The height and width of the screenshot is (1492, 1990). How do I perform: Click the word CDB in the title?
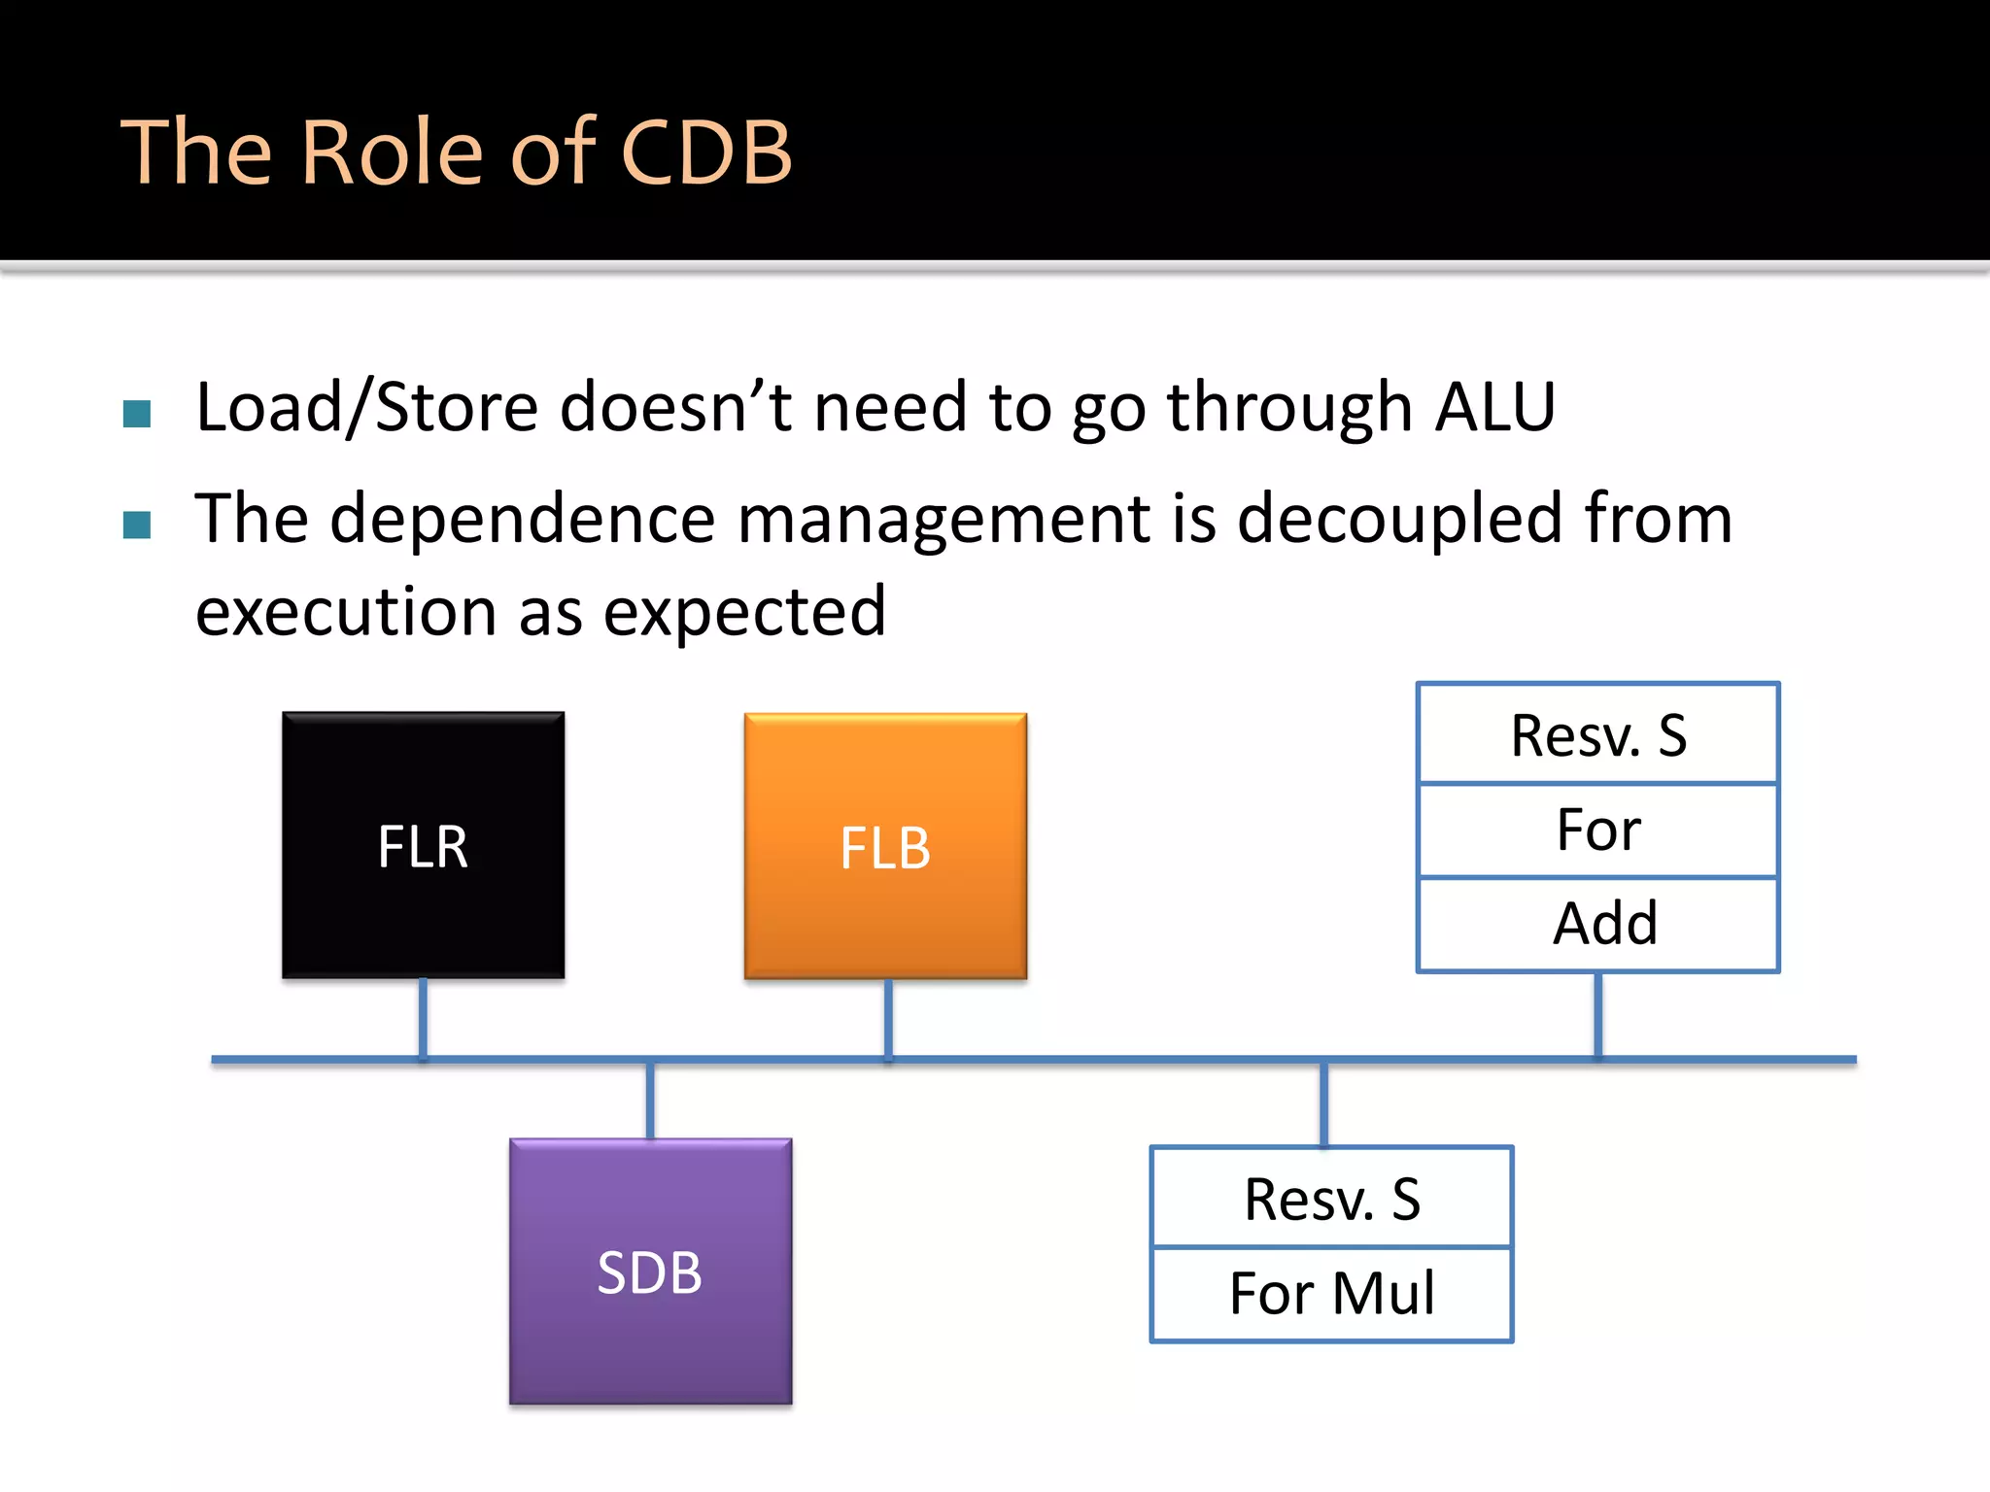pyautogui.click(x=706, y=153)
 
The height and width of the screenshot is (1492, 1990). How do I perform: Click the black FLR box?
pyautogui.click(x=423, y=845)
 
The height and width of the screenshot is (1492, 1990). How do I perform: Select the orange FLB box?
pyautogui.click(x=885, y=846)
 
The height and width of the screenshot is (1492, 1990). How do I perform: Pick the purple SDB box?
pyautogui.click(x=650, y=1272)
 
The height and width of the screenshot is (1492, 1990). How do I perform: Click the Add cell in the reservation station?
pyautogui.click(x=1598, y=924)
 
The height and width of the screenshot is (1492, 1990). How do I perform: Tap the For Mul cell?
pyautogui.click(x=1331, y=1294)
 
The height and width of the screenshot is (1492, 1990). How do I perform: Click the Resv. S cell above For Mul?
pyautogui.click(x=1331, y=1199)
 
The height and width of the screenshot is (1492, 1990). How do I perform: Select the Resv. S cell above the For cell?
pyautogui.click(x=1598, y=735)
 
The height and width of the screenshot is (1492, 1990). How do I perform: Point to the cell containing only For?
pyautogui.click(x=1598, y=831)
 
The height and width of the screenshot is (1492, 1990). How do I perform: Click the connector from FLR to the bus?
pyautogui.click(x=423, y=1017)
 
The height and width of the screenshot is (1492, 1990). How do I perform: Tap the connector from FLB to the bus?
pyautogui.click(x=888, y=1017)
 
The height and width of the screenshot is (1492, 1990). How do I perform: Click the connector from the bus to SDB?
pyautogui.click(x=650, y=1101)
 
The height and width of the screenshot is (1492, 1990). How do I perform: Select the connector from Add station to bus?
pyautogui.click(x=1598, y=1014)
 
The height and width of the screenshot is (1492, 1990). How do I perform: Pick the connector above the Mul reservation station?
pyautogui.click(x=1323, y=1104)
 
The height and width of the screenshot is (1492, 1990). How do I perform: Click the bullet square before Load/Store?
pyautogui.click(x=137, y=414)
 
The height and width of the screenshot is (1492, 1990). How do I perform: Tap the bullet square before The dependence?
pyautogui.click(x=137, y=525)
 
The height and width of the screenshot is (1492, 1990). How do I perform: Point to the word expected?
pyautogui.click(x=744, y=612)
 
